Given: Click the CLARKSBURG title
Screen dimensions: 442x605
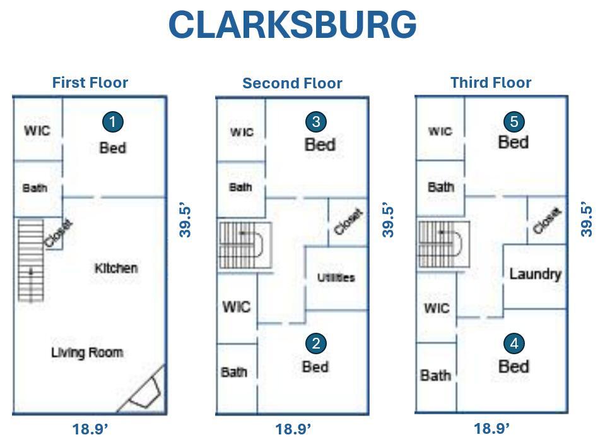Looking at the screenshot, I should tap(292, 25).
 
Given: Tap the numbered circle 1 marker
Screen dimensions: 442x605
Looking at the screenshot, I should tap(112, 122).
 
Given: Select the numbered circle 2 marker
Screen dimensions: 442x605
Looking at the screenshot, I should tap(315, 343).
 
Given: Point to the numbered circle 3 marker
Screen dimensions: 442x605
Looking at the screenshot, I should tap(315, 121).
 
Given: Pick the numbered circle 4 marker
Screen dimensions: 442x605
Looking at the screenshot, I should tap(514, 343).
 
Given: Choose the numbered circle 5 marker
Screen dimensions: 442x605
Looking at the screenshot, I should tap(514, 121).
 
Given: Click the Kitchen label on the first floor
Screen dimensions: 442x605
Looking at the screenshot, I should tap(116, 268).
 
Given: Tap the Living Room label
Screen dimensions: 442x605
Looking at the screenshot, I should tap(87, 352).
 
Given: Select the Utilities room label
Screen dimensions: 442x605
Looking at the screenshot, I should tap(336, 277).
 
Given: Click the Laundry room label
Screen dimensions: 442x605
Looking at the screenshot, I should tap(535, 274).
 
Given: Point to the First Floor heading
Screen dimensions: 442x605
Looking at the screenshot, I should tap(90, 83).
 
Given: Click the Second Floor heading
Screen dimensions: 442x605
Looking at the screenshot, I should tap(292, 83).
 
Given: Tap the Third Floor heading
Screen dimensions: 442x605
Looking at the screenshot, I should tap(491, 83).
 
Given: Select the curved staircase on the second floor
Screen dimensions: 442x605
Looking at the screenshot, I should tap(245, 244).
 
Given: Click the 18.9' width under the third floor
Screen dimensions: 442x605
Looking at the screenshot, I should tap(491, 429).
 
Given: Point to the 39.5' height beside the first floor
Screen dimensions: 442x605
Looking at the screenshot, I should tap(185, 220).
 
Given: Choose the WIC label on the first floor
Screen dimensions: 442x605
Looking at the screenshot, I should tap(37, 131).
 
